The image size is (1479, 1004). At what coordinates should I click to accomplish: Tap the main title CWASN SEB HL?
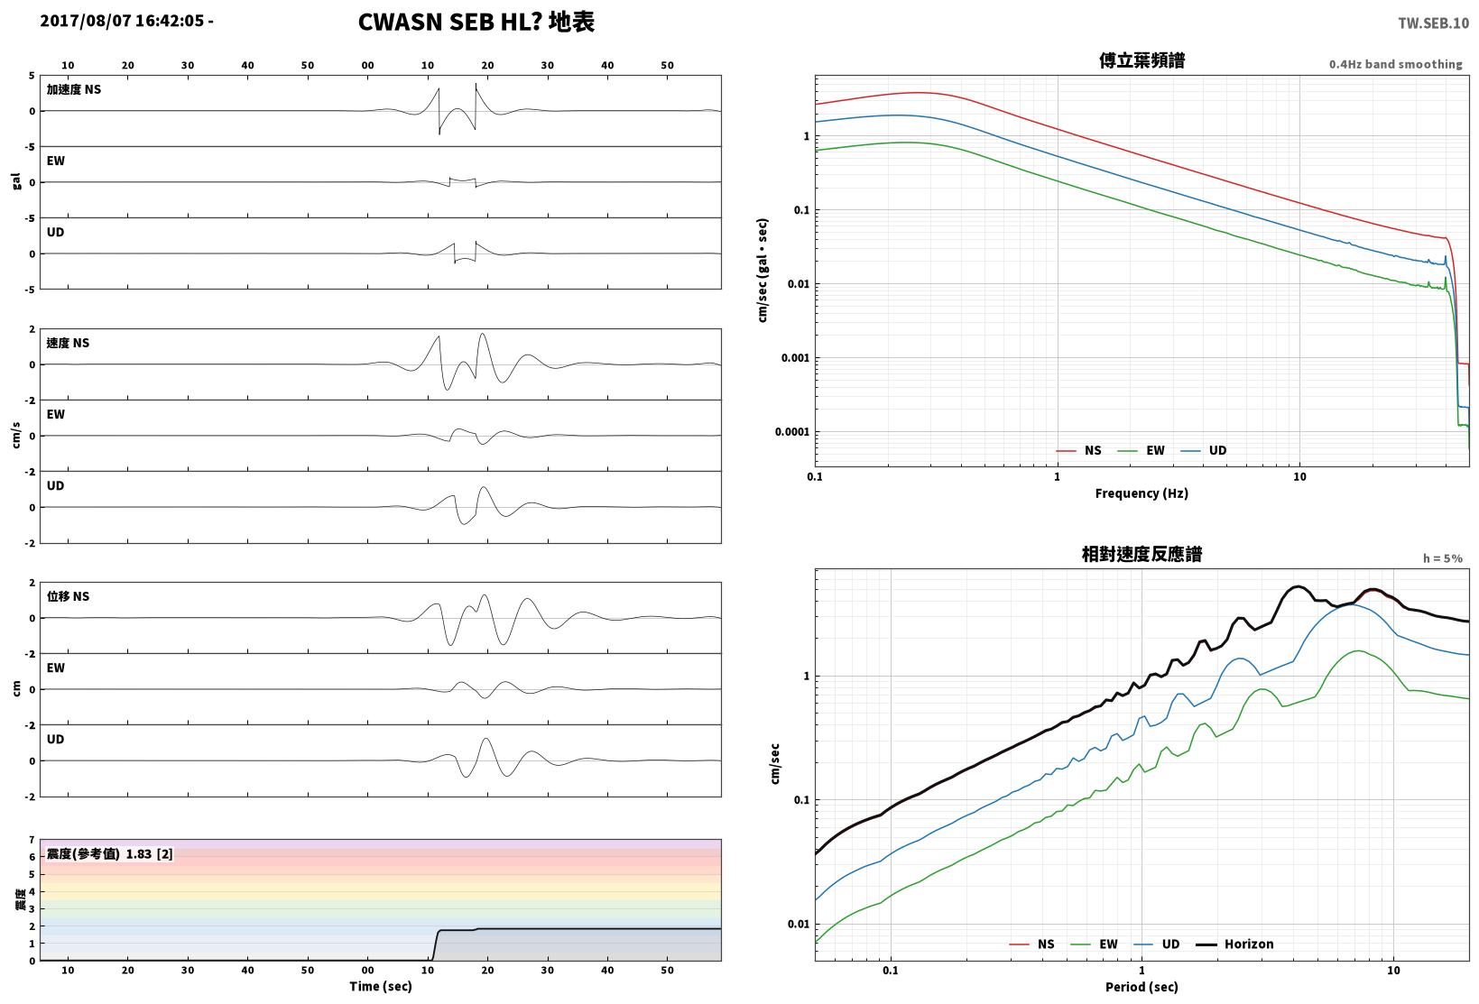(449, 22)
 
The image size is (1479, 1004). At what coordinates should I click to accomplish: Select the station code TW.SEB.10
(1434, 23)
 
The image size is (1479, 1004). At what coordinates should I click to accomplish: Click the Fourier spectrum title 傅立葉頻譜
(1142, 60)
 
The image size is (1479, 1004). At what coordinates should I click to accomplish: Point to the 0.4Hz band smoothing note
(1396, 64)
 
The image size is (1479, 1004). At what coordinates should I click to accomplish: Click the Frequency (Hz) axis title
(1142, 493)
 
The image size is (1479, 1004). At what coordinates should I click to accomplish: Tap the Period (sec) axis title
(1142, 987)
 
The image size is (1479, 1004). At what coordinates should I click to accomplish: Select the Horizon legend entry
(1235, 944)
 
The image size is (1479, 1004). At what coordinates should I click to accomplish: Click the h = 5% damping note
(1443, 558)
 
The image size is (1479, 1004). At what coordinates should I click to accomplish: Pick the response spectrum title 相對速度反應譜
(1142, 555)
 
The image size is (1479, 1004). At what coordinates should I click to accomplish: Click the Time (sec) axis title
(381, 986)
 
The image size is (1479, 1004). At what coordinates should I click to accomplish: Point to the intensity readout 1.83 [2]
(149, 854)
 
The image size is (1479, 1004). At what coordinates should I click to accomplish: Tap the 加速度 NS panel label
(74, 89)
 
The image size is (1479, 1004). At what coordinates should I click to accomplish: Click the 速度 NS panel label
(68, 343)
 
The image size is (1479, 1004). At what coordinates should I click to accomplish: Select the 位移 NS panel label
(68, 596)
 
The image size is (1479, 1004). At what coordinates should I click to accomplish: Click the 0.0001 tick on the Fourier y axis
(791, 432)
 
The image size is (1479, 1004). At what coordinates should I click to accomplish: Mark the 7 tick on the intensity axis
(32, 840)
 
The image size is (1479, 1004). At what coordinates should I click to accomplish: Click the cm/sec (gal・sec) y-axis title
(763, 271)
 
